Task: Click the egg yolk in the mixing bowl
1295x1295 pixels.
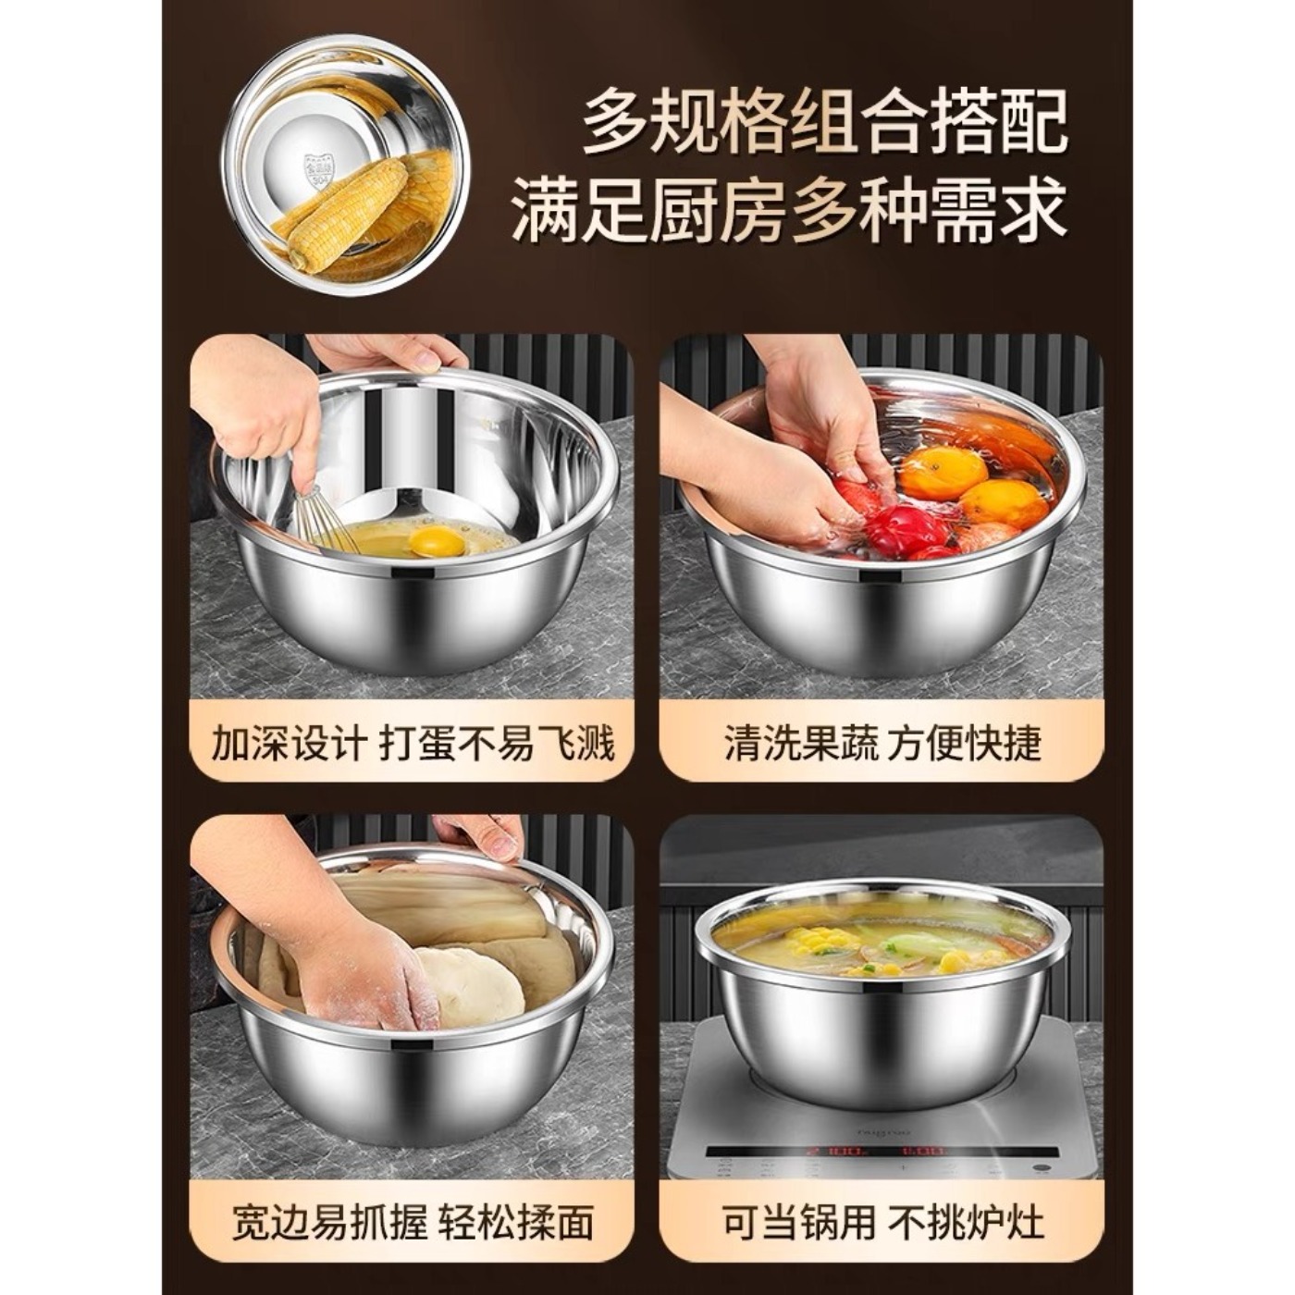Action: tap(437, 540)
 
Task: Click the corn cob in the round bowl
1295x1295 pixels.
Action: tap(347, 213)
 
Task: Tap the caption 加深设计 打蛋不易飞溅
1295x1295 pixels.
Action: tap(413, 743)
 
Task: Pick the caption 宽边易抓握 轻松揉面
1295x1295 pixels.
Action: tap(413, 1222)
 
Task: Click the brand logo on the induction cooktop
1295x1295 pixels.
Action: tap(884, 1130)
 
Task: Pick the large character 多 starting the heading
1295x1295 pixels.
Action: tap(615, 120)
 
